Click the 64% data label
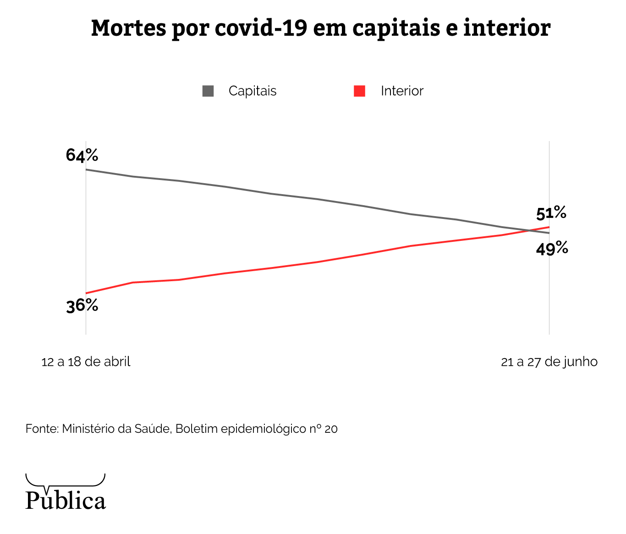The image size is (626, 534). [x=82, y=155]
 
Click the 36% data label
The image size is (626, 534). [x=82, y=305]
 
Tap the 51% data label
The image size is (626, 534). [x=551, y=213]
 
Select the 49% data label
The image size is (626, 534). [x=552, y=249]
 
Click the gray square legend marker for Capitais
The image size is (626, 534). [x=208, y=91]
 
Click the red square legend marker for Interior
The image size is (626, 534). [x=360, y=91]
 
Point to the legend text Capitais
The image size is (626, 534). [x=253, y=91]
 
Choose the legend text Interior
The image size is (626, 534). [x=402, y=91]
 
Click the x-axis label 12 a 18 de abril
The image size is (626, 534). [x=86, y=362]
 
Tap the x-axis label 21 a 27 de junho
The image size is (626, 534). [x=549, y=362]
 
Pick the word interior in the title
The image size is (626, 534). [x=507, y=28]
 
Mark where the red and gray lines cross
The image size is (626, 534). [x=530, y=230]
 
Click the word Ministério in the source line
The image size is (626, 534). [x=88, y=429]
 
